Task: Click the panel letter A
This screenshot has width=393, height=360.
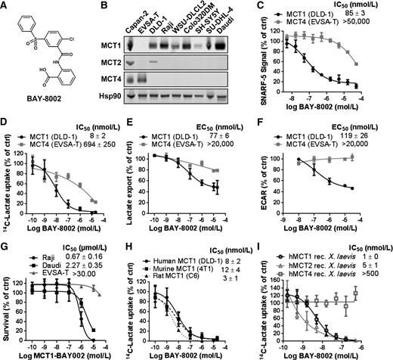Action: pos(6,7)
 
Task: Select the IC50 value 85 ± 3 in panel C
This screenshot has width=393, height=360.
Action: pos(364,13)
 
